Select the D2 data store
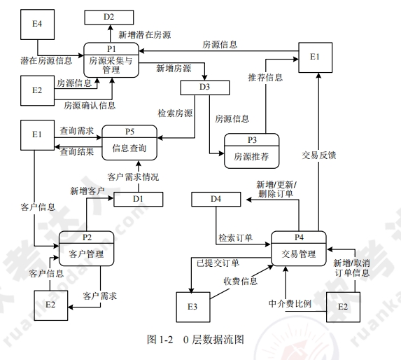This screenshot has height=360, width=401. coord(110,16)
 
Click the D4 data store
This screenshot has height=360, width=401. coord(216,200)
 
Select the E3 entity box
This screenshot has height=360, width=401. coord(190,307)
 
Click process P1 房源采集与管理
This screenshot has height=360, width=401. coord(111,61)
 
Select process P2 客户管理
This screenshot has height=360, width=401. coord(86,248)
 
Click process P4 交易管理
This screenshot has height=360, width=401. coord(299,248)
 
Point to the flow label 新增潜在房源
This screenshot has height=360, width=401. coord(145,34)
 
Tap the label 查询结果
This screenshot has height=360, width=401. coord(76,151)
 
